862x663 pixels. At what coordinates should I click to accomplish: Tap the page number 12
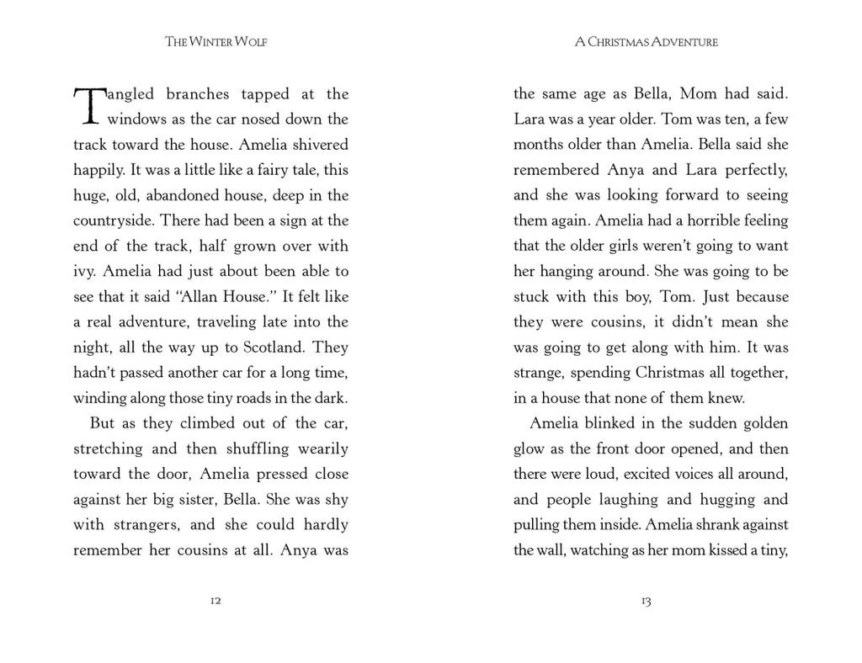click(215, 602)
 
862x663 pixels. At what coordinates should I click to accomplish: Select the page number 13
click(646, 602)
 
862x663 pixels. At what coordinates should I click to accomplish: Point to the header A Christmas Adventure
click(646, 42)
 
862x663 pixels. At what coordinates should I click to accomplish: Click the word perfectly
click(751, 170)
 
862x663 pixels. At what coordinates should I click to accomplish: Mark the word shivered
click(317, 145)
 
